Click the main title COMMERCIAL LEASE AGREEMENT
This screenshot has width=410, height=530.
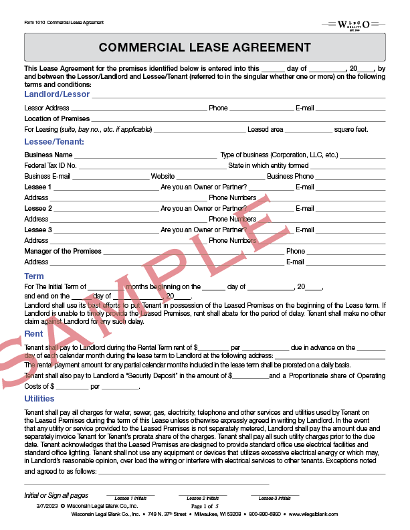click(205, 48)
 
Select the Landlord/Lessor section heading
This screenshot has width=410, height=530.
click(57, 94)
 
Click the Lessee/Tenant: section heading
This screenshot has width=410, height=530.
click(54, 142)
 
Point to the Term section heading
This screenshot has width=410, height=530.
click(34, 276)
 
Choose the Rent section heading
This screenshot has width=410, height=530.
click(33, 334)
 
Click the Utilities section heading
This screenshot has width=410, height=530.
click(39, 399)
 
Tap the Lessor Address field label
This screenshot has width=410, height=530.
click(47, 108)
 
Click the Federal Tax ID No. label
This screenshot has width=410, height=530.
click(51, 165)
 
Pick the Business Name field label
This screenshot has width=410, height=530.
click(48, 155)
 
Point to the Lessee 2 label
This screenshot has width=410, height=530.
click(37, 208)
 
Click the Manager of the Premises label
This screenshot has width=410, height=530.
click(63, 251)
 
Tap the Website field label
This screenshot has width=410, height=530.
click(163, 176)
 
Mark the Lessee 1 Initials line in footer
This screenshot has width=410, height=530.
click(130, 497)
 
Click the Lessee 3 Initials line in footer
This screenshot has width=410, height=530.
click(275, 497)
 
